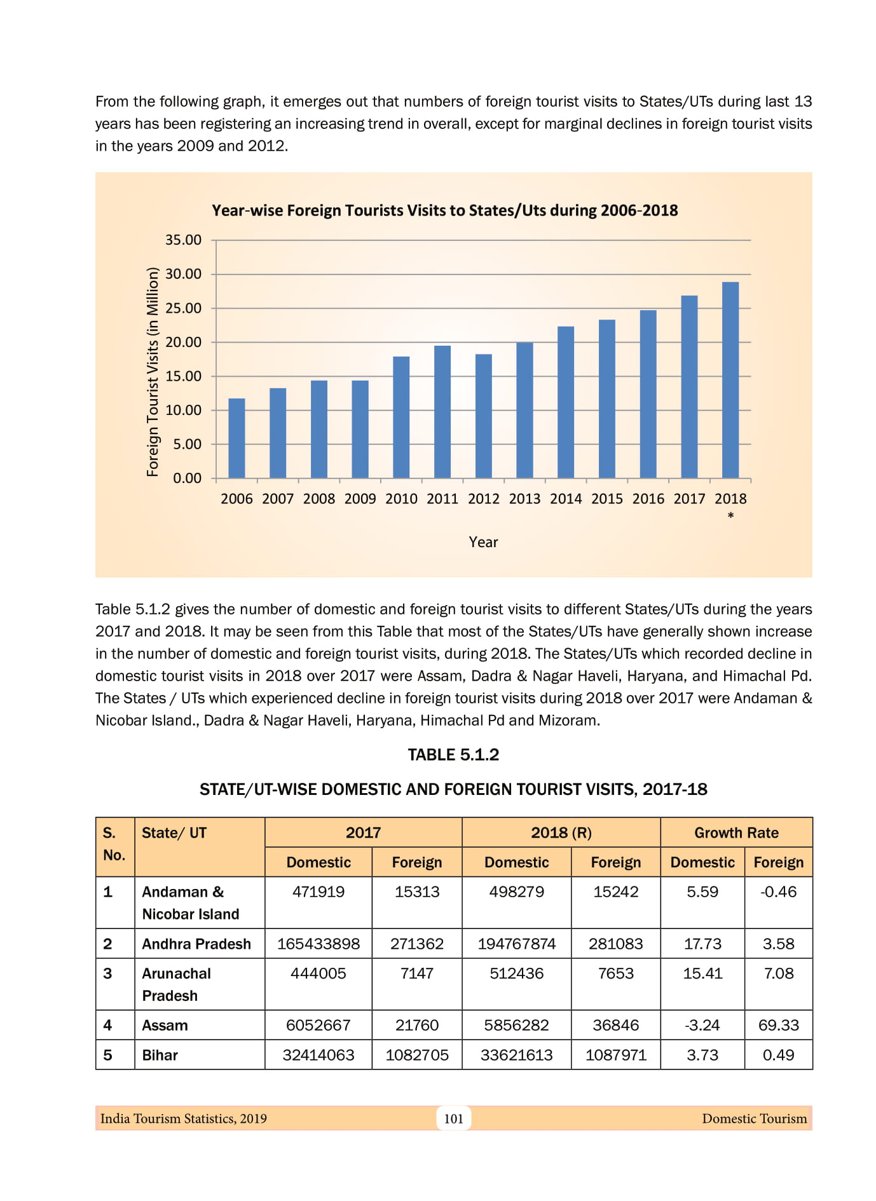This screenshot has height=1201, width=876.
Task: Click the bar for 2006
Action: pos(236,438)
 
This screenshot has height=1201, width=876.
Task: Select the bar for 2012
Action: pos(484,416)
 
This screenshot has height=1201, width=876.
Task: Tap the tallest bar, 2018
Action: pos(730,379)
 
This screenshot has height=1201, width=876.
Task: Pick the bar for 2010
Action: pos(401,417)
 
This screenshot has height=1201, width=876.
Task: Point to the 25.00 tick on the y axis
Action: pos(183,308)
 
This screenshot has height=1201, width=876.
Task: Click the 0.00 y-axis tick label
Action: pos(187,478)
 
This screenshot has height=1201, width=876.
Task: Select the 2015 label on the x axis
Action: pos(607,499)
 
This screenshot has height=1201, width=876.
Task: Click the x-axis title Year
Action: pos(483,542)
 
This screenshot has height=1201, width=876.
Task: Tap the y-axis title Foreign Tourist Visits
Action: pos(153,372)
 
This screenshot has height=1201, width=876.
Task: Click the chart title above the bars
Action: pos(444,210)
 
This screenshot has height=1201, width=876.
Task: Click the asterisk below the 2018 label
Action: pos(730,515)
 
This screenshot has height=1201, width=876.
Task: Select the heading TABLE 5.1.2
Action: pos(453,755)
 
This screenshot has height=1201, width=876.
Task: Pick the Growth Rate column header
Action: pos(736,832)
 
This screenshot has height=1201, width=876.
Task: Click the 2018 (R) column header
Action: pos(561,832)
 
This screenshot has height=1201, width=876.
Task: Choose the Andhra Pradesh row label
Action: pos(196,944)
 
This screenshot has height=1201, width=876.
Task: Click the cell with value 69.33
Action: pos(778,1025)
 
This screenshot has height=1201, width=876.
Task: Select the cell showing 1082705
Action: pos(417,1055)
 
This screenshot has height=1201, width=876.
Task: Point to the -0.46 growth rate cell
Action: pos(778,892)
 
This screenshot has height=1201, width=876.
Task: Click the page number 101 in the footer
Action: pos(453,1118)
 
